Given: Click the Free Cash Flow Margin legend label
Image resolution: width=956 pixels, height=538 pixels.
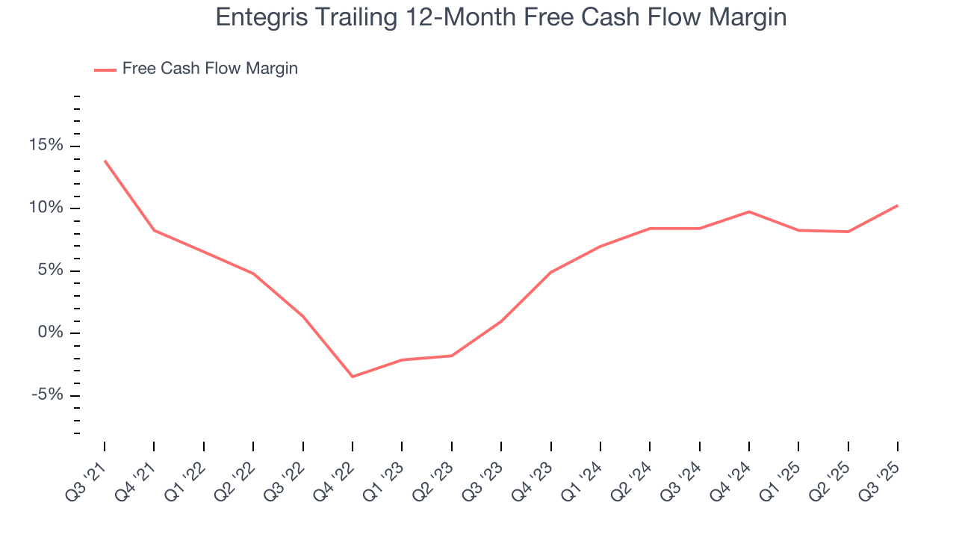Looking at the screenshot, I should (x=210, y=69).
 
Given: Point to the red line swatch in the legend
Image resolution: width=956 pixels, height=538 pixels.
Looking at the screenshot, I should (x=105, y=69).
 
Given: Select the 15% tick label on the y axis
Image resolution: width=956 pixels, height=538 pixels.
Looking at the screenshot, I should (x=46, y=145).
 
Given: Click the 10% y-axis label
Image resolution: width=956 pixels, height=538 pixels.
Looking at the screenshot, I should (x=46, y=208).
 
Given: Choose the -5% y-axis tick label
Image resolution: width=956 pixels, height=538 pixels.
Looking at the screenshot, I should (x=46, y=395).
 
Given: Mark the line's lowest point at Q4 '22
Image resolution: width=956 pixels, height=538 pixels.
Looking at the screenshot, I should (x=353, y=377).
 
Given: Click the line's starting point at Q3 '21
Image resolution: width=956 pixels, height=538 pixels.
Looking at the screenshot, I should (x=105, y=161).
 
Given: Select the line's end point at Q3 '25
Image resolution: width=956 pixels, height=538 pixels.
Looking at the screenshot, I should (x=897, y=205).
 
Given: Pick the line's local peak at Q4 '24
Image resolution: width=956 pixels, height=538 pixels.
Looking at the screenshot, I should (x=748, y=211).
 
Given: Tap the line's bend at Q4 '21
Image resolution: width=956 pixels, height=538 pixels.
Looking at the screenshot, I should (x=154, y=230).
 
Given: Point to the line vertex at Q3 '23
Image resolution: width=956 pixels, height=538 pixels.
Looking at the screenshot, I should (x=501, y=321).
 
